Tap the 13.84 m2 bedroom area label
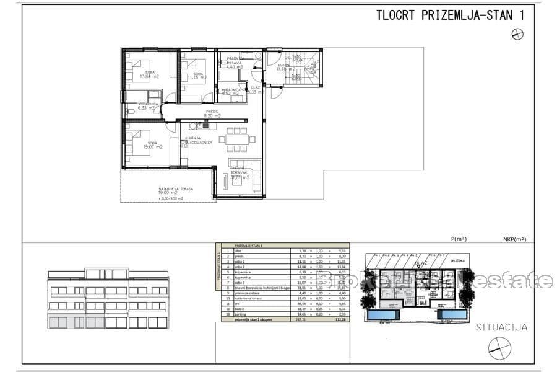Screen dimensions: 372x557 pos(149,74)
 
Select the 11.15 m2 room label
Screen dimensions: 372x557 pos(198,77)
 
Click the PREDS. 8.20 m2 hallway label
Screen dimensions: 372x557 pos(213,113)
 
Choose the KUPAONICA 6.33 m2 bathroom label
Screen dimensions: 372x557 pos(148,105)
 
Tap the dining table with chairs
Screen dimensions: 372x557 pos(235,139)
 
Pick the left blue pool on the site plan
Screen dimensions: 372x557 pos(384,316)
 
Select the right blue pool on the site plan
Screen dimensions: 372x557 pos(452,316)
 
